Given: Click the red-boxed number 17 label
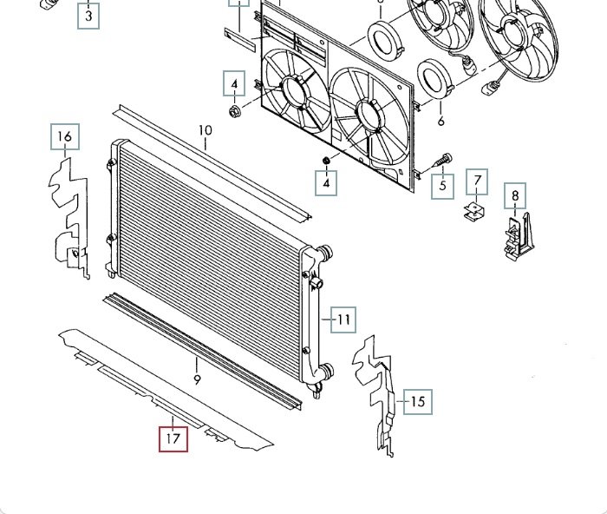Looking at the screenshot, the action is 173,438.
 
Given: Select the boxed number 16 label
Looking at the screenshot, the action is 65,136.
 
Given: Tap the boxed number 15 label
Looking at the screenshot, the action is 418,402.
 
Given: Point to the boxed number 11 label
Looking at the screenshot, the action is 343,320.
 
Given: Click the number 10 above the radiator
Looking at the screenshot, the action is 206,130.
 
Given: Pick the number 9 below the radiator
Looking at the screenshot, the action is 197,379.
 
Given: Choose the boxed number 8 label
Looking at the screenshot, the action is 515,195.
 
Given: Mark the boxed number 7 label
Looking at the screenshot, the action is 477,181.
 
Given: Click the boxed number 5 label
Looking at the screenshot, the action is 442,186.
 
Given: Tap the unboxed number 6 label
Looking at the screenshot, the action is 441,121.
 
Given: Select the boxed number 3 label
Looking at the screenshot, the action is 88,16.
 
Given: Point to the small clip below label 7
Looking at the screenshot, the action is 474,211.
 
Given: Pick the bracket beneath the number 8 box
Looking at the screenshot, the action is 519,236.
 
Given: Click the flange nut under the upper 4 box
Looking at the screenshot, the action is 234,112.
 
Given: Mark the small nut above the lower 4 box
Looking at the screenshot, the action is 326,160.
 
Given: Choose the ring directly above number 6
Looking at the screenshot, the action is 435,76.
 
